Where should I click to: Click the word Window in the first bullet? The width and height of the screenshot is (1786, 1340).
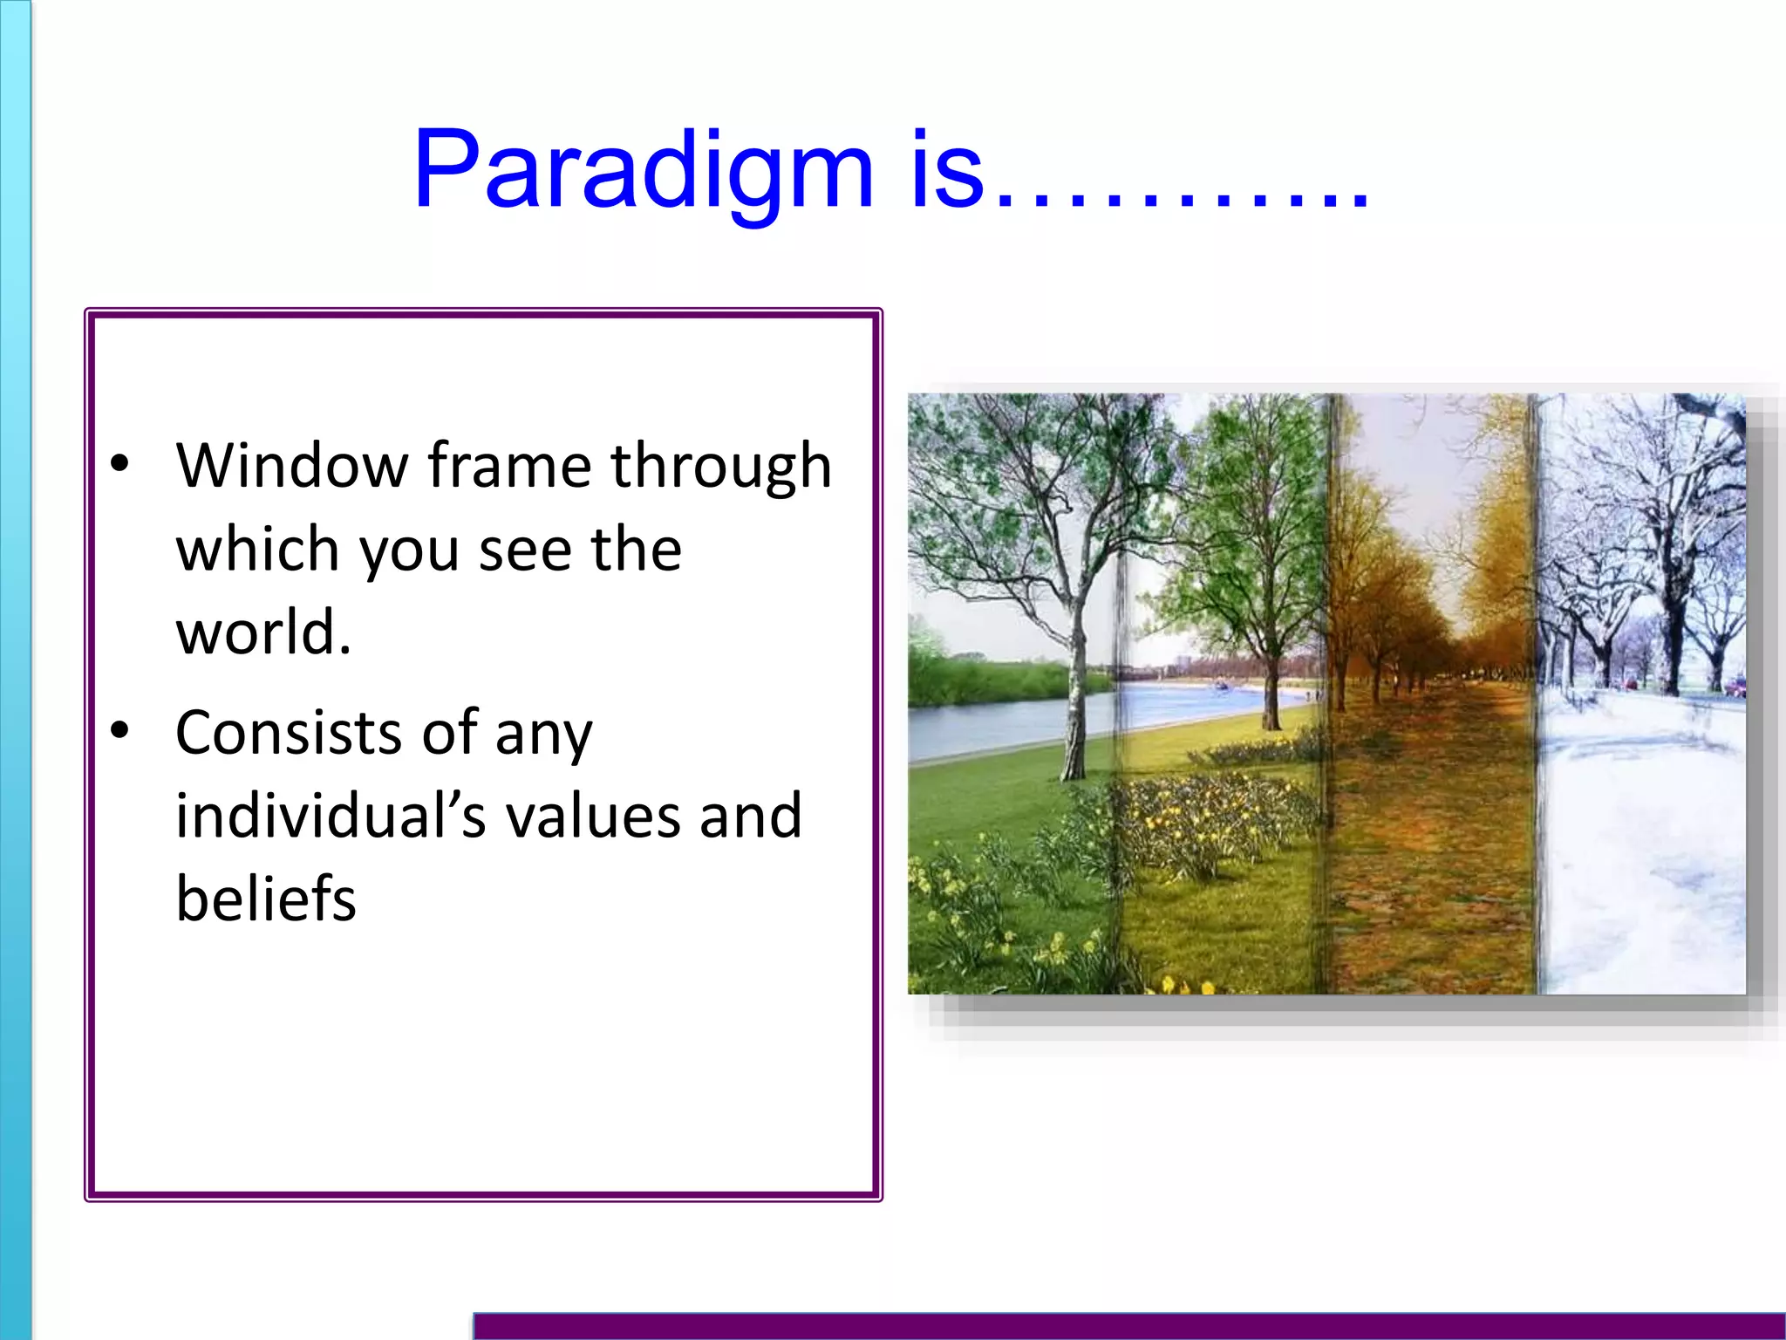291,466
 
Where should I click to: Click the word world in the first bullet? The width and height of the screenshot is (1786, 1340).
262,632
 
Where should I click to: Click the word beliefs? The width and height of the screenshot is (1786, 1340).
266,899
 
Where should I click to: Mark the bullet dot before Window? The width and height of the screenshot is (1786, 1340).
119,463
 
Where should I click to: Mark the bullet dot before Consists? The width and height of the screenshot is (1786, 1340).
119,730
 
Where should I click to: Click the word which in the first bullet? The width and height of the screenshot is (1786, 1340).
257,550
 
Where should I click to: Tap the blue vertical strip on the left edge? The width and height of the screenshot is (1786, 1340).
15,670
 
